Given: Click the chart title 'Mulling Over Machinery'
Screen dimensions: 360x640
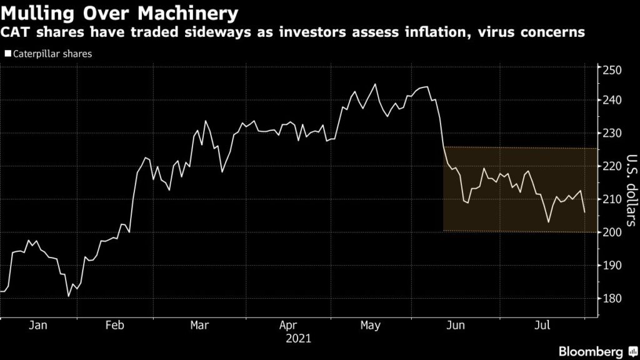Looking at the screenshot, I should coord(119,12).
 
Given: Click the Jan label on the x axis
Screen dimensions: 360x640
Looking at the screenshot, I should coord(38,326).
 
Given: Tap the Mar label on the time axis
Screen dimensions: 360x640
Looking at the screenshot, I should coord(199,326).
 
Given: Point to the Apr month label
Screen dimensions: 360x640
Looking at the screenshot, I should coord(287,326).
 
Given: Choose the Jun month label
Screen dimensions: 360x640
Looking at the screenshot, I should coord(457,326).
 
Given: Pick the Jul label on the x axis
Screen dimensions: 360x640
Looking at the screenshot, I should coord(541,326).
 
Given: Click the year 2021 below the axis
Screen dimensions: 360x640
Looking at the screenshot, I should coord(297,339).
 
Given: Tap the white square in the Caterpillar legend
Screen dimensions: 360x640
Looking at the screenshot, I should coord(8,54).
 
